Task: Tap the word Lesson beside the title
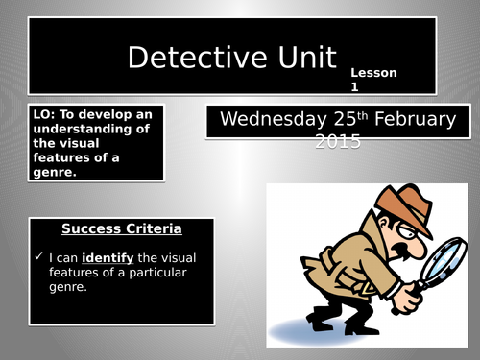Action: click(x=372, y=73)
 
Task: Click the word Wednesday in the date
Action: click(x=263, y=120)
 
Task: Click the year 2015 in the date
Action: click(x=337, y=142)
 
